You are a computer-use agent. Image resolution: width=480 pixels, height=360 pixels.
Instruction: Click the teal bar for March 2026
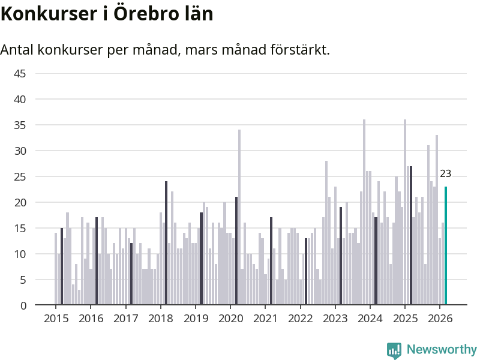click(x=446, y=246)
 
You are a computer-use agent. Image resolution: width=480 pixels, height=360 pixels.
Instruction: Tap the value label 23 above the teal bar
click(x=445, y=174)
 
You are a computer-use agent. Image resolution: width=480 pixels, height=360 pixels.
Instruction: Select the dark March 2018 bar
click(x=166, y=243)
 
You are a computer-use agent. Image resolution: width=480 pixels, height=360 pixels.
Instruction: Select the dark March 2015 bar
click(x=62, y=266)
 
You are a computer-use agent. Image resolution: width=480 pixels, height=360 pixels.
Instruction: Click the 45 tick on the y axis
click(x=20, y=73)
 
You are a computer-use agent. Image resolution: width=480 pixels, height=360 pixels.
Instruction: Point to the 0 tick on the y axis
click(x=23, y=305)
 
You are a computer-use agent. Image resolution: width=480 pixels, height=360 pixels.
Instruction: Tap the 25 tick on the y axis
click(x=20, y=176)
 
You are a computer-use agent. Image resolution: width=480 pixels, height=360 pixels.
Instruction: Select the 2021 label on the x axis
click(x=265, y=318)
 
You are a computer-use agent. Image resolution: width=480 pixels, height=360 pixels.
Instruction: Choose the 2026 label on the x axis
click(x=439, y=318)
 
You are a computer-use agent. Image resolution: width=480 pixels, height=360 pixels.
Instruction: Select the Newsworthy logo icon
click(x=394, y=350)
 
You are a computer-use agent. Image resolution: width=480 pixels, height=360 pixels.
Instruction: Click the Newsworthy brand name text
click(x=442, y=349)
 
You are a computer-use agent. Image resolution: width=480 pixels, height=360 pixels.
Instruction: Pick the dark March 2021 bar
click(x=271, y=261)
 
